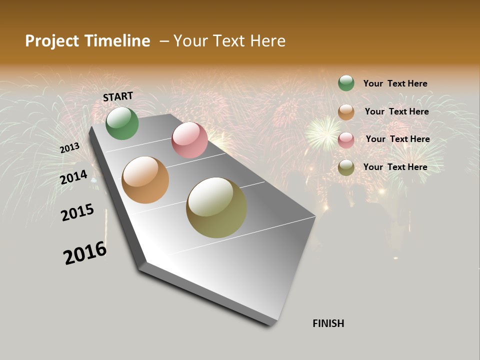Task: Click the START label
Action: click(x=118, y=96)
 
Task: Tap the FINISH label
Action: click(x=328, y=323)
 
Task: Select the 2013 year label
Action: click(x=69, y=148)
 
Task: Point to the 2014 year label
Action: click(x=73, y=177)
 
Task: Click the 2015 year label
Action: click(x=77, y=212)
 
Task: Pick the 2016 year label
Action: click(x=85, y=252)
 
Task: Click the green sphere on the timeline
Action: click(x=122, y=123)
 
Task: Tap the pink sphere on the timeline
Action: click(x=189, y=140)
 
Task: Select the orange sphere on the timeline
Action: click(x=145, y=180)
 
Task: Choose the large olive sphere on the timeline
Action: click(x=216, y=207)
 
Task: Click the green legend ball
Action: click(x=346, y=83)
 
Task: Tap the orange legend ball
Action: click(x=346, y=112)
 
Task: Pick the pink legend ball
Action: click(x=346, y=140)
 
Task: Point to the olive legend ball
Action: click(x=346, y=167)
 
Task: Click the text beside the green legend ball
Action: click(x=395, y=83)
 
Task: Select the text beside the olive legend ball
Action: click(x=395, y=167)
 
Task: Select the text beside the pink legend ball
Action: click(x=397, y=139)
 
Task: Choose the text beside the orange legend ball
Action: click(x=396, y=111)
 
